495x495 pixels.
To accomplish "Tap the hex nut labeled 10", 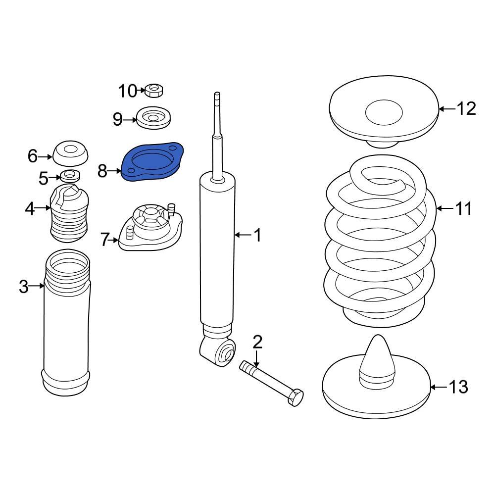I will tap(155, 91).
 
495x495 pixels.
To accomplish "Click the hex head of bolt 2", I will tap(295, 397).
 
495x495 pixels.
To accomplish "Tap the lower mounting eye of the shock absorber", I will tap(225, 353).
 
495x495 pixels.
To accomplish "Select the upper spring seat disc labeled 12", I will tap(384, 111).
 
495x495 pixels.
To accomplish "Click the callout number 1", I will tap(257, 236).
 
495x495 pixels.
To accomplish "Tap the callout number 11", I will tap(463, 209).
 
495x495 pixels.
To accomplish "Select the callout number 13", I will tap(457, 387).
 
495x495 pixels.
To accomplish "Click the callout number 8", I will tap(102, 172).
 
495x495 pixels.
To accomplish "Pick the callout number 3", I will tap(24, 286).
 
